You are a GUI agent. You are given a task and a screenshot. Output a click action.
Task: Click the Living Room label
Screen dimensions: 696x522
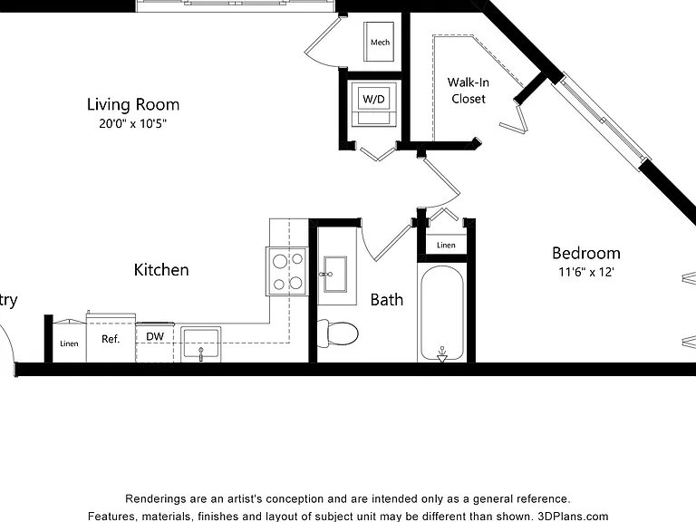[x=133, y=105]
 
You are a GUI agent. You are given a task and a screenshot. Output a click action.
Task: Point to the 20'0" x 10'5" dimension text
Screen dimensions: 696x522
[x=132, y=123]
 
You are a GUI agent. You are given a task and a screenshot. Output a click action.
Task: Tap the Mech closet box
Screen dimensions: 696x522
[x=379, y=42]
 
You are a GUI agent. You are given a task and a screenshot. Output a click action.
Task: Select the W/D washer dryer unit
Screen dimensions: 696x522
[x=373, y=104]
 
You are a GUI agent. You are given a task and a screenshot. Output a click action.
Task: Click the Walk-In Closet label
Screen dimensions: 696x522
[x=469, y=91]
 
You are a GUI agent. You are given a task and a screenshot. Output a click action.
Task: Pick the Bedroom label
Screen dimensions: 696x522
[x=586, y=254]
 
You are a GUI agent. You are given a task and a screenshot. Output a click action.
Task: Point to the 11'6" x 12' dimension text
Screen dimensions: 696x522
[x=586, y=272]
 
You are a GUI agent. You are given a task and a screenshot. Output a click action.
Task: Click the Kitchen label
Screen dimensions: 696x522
[x=161, y=270]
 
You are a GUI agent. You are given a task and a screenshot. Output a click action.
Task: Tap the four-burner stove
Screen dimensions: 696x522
[x=287, y=271]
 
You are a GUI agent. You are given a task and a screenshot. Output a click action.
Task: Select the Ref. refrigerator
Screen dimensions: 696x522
[x=111, y=338]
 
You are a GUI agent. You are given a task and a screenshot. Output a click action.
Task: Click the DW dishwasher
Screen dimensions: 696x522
[x=155, y=343]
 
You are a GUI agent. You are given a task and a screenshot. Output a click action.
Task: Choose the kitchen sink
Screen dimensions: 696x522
[x=200, y=343]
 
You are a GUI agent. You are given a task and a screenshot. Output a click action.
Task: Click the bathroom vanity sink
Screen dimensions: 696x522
[x=335, y=274]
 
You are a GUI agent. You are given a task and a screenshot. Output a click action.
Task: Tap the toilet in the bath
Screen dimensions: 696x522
[x=338, y=333]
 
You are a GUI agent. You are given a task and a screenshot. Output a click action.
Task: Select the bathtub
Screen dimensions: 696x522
[x=441, y=313]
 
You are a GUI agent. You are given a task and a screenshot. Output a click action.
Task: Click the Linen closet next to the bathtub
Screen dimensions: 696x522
[x=446, y=245]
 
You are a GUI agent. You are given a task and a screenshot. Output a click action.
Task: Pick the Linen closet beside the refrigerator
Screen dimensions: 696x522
[x=69, y=342]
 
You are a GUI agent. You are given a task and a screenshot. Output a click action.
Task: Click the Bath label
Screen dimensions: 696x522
[x=387, y=300]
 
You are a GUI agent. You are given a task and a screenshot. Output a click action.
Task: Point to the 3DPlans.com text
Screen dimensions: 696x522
[x=573, y=517]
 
